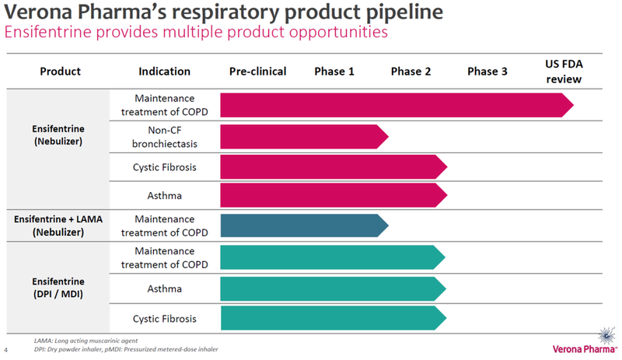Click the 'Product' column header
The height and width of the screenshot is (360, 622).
[60, 72]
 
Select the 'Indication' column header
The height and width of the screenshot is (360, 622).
[164, 72]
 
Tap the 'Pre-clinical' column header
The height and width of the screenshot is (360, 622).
[257, 72]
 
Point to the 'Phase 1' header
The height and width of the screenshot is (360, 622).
[334, 72]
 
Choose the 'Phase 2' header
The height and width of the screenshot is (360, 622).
[411, 72]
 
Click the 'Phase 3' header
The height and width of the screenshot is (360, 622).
[487, 72]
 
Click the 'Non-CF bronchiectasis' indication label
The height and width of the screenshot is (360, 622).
[164, 137]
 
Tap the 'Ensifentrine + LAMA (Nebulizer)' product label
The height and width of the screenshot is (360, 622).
[58, 225]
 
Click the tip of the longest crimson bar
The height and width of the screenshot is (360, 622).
[571, 105]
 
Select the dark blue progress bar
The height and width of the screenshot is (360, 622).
[303, 225]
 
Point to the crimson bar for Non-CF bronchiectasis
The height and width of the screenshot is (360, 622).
[303, 137]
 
